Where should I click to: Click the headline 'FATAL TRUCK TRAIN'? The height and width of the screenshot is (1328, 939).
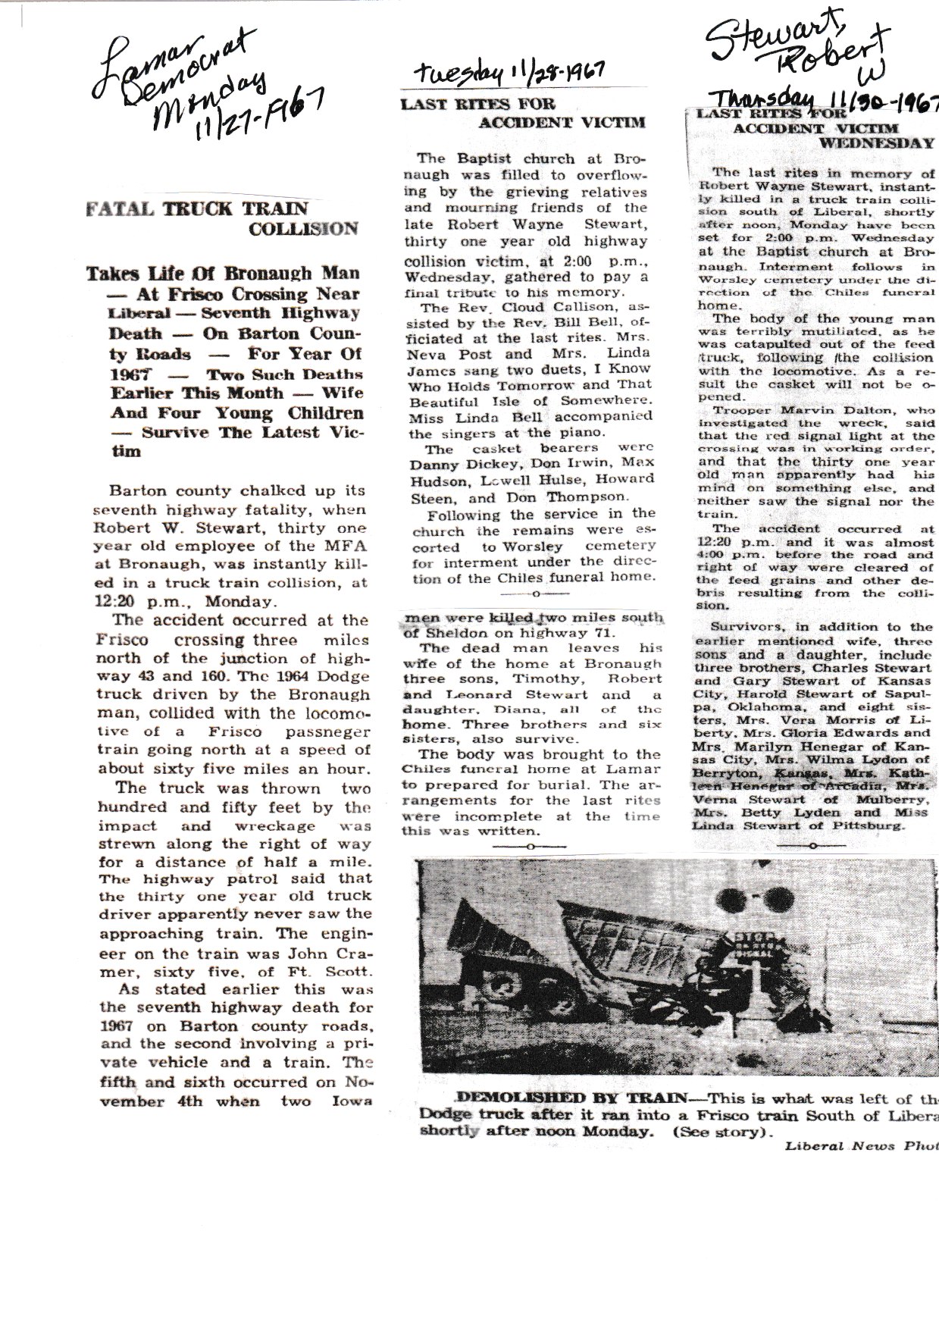point(198,209)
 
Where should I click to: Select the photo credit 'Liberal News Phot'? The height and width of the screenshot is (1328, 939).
point(860,1146)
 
